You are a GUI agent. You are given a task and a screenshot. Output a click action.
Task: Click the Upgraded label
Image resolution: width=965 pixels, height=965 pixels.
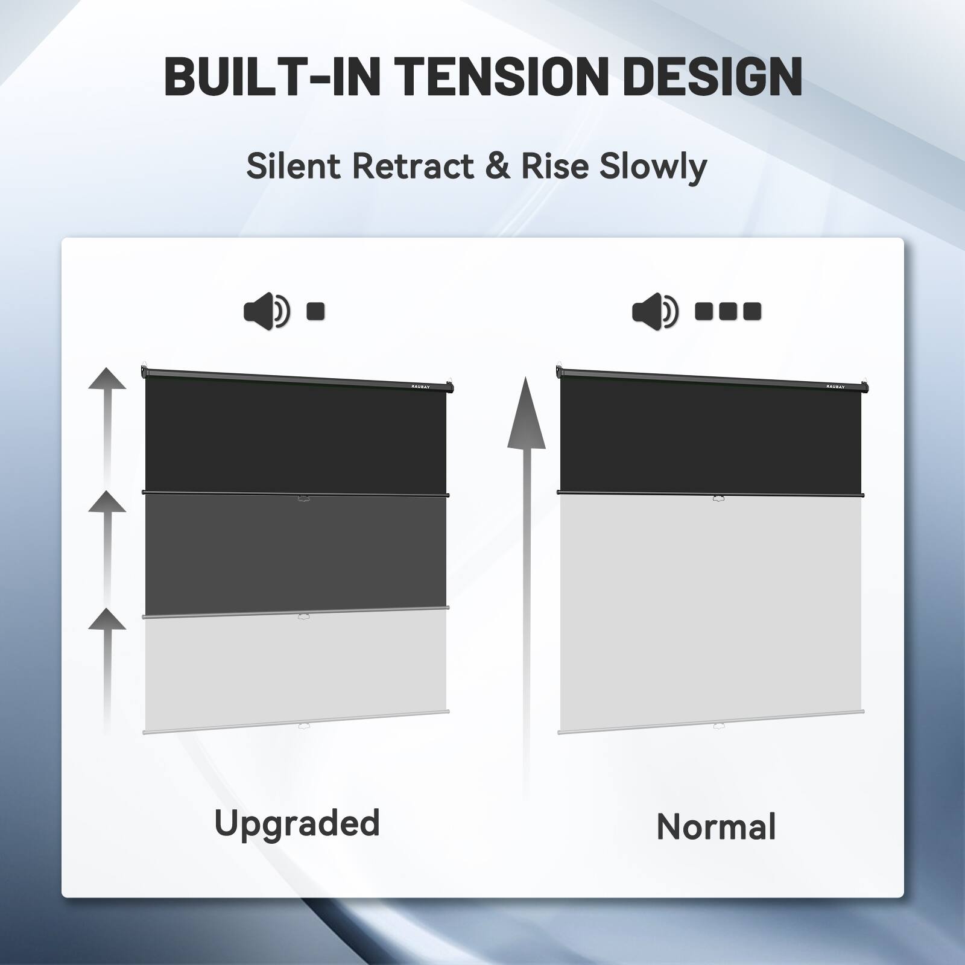click(297, 824)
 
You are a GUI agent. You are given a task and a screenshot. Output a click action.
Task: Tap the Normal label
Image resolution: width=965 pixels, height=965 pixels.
click(716, 826)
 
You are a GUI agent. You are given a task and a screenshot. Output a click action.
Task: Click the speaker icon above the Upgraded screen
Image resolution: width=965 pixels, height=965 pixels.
click(266, 312)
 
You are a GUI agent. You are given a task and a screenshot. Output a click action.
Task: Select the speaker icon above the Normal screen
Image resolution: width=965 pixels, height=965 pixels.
click(655, 312)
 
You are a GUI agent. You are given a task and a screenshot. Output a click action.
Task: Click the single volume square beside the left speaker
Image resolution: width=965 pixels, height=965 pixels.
click(316, 311)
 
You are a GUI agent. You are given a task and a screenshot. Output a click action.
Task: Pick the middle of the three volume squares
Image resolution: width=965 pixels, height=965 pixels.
click(728, 311)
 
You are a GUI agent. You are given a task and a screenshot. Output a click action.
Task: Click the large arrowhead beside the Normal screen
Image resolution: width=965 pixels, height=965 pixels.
click(526, 416)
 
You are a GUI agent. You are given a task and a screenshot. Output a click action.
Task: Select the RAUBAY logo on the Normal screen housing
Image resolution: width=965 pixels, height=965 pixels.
click(835, 387)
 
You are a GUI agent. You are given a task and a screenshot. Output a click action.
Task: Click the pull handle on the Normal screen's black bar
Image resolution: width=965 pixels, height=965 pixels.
click(718, 498)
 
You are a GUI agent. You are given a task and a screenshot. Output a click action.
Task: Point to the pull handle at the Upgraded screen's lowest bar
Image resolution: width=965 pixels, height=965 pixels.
click(303, 727)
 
